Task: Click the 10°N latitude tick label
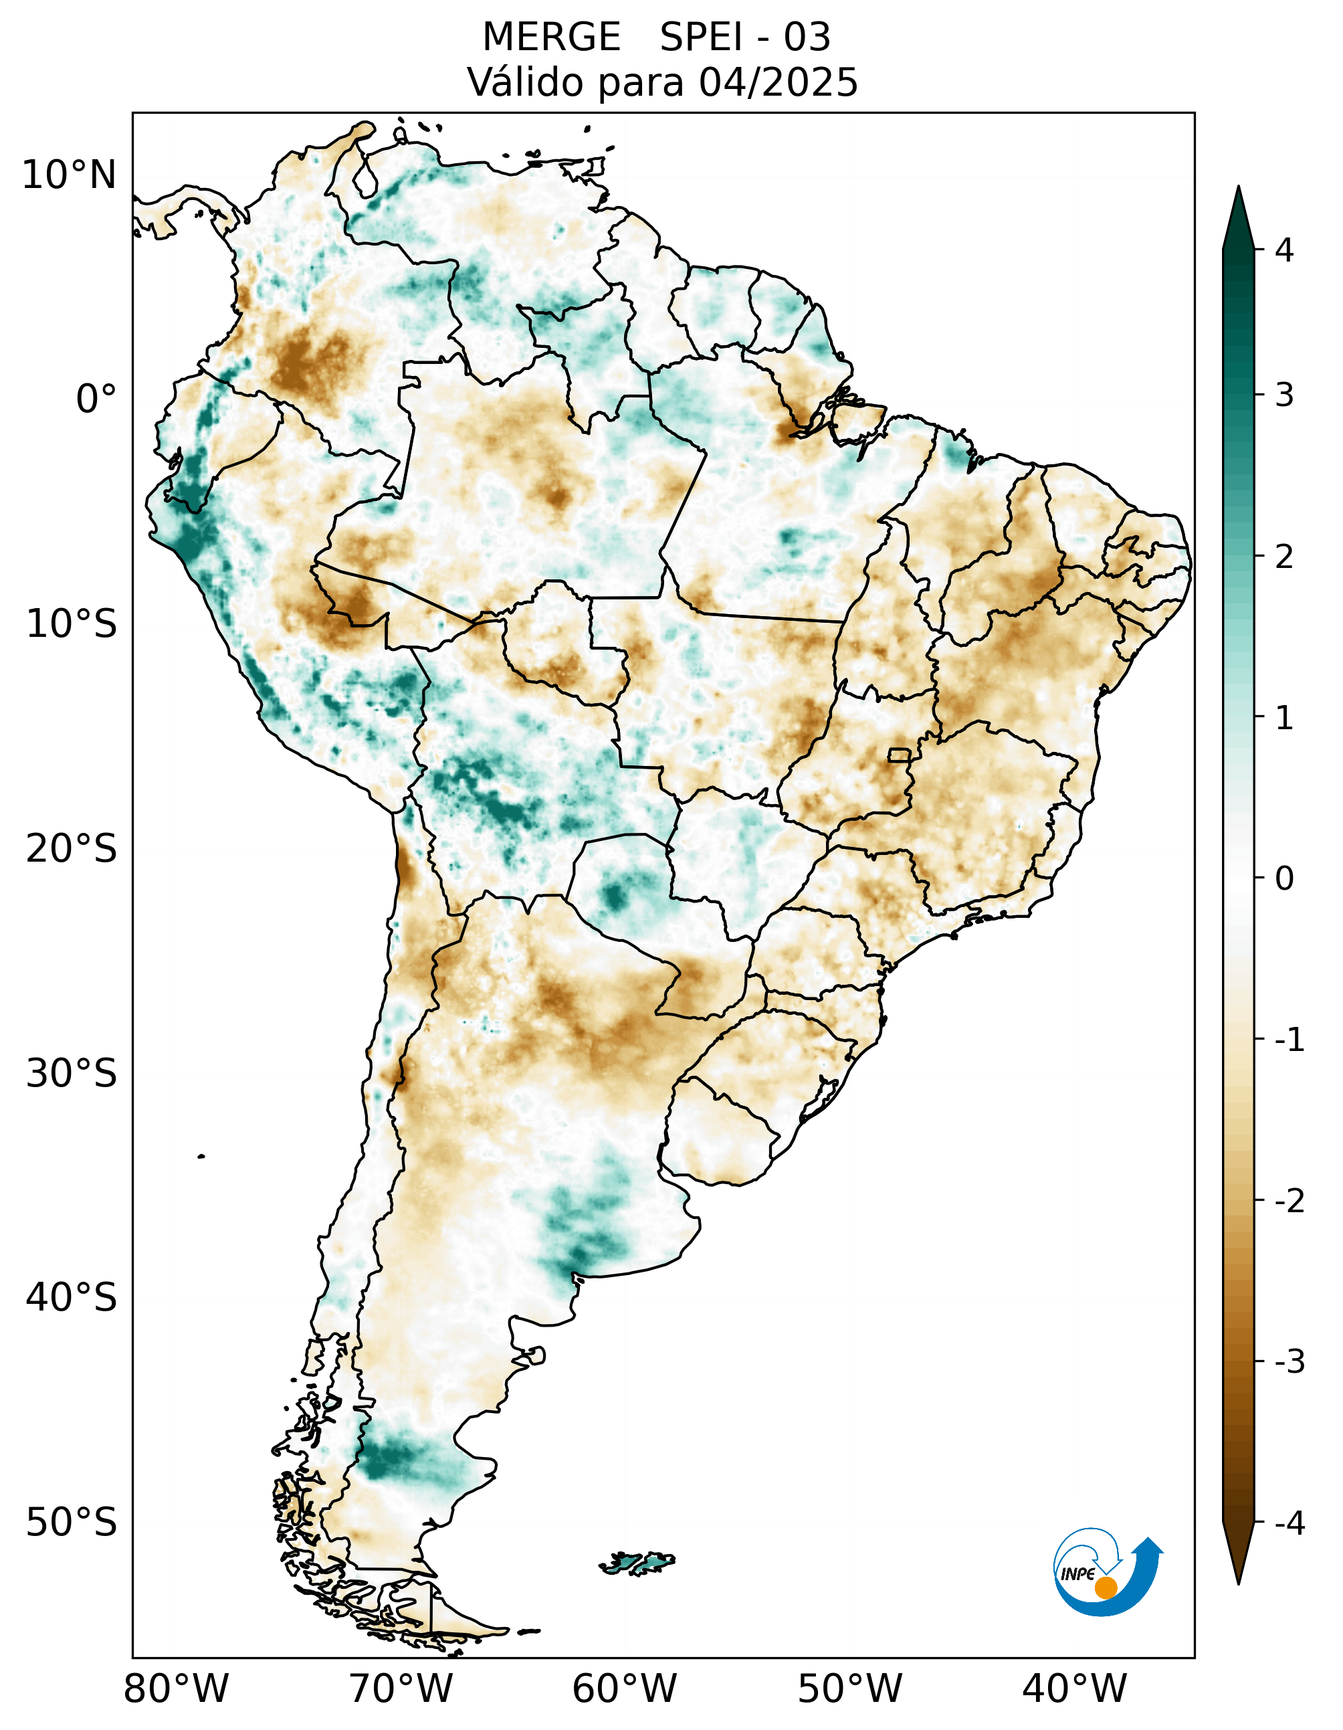pos(69,175)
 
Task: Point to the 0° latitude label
pos(96,399)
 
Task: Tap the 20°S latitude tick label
pos(72,849)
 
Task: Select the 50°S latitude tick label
pos(72,1523)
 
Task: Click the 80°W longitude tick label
pos(176,1688)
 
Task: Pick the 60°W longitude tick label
pos(625,1688)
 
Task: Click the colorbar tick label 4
pos(1284,250)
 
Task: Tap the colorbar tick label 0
pos(1284,878)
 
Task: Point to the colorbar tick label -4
pos(1289,1523)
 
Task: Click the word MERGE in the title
pos(551,37)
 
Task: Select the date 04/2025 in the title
pos(779,82)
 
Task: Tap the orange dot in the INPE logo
pos(1106,1588)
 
